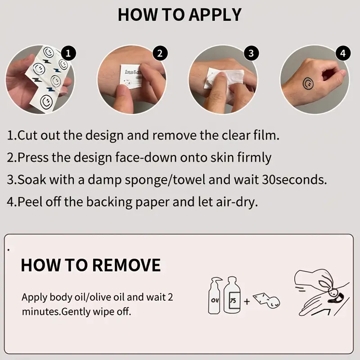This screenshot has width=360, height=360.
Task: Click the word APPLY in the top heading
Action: point(215,15)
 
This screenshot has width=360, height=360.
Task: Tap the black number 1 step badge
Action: point(68,54)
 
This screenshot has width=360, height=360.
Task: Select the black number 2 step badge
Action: point(160,54)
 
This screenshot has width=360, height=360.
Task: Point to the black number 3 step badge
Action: point(252,54)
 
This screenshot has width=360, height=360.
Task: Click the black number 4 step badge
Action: point(343,54)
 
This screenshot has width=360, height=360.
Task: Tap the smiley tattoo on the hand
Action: point(308,84)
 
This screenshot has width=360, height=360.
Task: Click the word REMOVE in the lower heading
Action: point(126,265)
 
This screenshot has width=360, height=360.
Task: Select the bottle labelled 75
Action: point(232,295)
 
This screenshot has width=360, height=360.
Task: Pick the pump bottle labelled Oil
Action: point(215,296)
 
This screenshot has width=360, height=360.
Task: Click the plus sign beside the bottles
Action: point(247,301)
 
